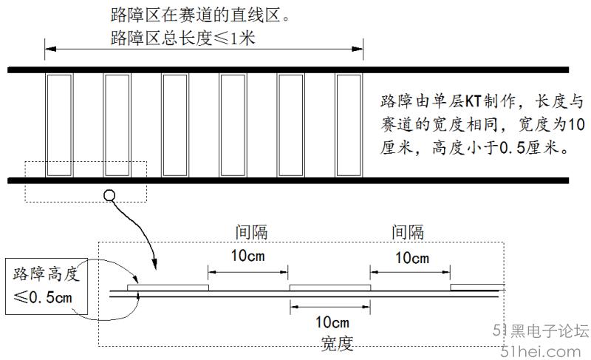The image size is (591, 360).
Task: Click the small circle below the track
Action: click(109, 195)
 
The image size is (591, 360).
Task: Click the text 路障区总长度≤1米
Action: click(182, 38)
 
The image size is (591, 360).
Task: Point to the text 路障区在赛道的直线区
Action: click(196, 15)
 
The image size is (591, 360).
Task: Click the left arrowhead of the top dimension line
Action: click(50, 49)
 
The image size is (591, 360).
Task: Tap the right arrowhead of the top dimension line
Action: click(358, 49)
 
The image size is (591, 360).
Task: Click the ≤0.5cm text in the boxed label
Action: click(43, 297)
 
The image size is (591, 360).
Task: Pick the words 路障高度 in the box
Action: click(47, 274)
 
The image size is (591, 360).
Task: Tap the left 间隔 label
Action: click(251, 232)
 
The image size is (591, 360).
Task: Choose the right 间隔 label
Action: click(408, 232)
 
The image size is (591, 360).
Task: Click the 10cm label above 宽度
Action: click(332, 322)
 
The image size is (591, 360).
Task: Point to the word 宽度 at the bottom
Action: click(338, 343)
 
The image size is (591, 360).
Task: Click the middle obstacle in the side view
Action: click(330, 288)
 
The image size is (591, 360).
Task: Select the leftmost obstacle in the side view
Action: click(168, 288)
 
